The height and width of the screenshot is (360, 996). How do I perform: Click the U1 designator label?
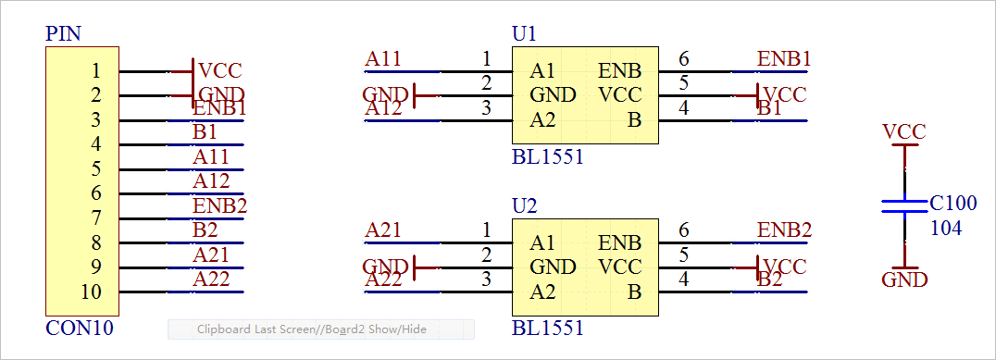pos(524,34)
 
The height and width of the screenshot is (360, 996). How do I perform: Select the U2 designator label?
pos(524,205)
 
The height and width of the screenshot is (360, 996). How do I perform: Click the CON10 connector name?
pos(80,328)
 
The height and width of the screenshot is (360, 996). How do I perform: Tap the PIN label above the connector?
pos(63,34)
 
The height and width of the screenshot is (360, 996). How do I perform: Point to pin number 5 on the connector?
pos(96,168)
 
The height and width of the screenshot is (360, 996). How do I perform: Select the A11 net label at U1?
pos(383,59)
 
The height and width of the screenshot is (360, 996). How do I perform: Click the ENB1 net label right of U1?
pos(784,59)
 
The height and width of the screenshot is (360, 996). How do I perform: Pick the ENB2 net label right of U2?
pos(784,230)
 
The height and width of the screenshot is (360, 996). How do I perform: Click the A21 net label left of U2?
pos(383,230)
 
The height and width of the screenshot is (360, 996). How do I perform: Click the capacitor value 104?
pos(945,227)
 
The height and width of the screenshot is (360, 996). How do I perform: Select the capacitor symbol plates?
pos(903,205)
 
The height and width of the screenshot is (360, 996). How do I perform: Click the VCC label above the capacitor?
pos(903,132)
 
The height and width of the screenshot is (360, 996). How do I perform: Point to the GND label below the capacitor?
pos(904,279)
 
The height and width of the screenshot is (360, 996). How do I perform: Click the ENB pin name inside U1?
pos(620,71)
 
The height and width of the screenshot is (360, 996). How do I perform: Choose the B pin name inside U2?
pos(635,292)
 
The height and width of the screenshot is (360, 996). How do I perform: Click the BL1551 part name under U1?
pos(547,156)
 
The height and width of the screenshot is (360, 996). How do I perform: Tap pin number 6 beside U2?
pos(684,230)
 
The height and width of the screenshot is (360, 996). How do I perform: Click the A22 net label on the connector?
pos(211,279)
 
